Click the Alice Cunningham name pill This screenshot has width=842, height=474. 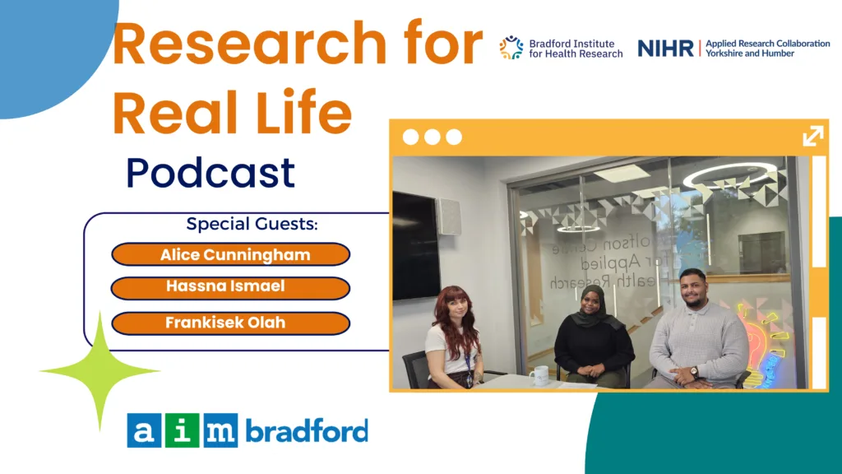click(230, 254)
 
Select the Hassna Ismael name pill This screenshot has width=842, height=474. click(230, 288)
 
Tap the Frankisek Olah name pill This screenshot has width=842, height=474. click(230, 323)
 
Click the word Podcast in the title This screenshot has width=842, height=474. click(210, 173)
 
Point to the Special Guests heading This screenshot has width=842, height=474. click(252, 224)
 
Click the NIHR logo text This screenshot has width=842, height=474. click(665, 49)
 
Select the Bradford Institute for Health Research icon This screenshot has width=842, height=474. click(511, 47)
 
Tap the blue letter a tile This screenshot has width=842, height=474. click(143, 430)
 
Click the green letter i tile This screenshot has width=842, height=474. click(182, 430)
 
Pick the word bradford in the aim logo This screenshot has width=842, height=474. click(308, 430)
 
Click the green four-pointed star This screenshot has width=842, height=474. click(99, 371)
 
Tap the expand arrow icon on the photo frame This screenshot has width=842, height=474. click(813, 136)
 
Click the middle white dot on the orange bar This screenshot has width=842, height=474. click(433, 137)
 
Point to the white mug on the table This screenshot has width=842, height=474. click(539, 375)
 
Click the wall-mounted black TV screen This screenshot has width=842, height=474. click(416, 245)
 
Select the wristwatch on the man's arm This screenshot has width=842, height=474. click(694, 371)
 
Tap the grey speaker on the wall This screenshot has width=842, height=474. click(448, 216)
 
